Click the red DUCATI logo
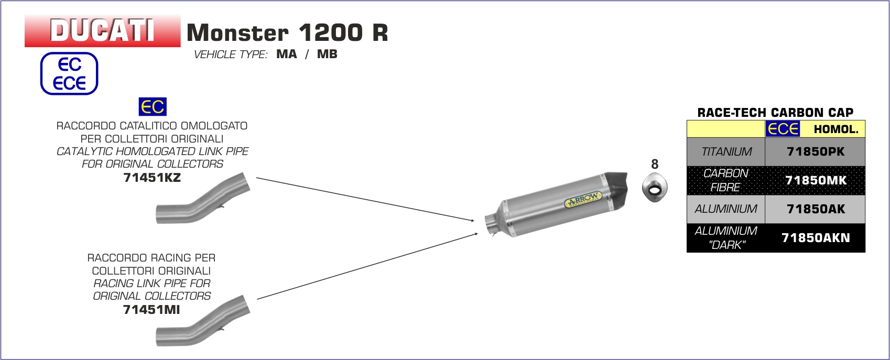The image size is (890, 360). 103,30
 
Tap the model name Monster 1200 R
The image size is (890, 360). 287,32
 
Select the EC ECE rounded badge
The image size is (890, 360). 69,73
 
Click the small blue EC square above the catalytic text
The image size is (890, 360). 153,106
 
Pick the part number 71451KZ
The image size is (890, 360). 152,177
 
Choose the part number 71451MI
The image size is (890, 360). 151,309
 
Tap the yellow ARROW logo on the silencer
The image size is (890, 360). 583,200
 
